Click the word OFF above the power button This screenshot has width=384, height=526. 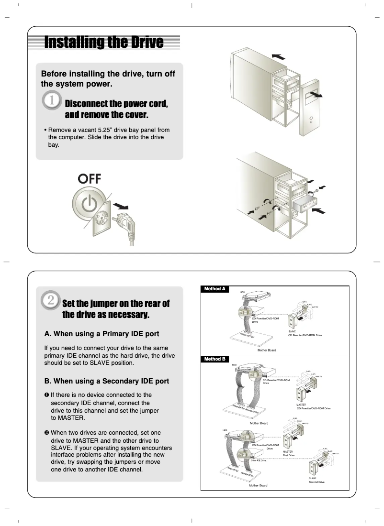[x=90, y=179]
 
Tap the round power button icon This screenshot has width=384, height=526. [x=90, y=204]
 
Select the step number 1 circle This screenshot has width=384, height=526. [x=51, y=102]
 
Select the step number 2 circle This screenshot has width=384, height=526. [x=50, y=301]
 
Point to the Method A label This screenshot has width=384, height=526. [x=215, y=289]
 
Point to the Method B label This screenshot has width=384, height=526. [x=215, y=359]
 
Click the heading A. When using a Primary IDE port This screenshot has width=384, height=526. [x=102, y=334]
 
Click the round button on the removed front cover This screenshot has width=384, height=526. [x=311, y=117]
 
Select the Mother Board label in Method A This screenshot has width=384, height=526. [x=267, y=350]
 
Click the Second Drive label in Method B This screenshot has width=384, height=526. [x=316, y=482]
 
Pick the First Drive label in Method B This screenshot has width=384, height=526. [x=289, y=455]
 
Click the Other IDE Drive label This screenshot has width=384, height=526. [x=258, y=460]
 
